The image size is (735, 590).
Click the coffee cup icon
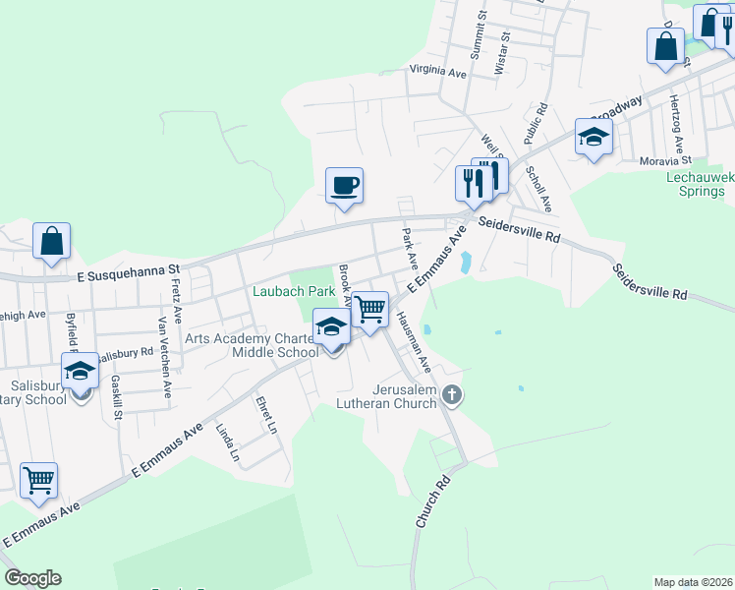click(x=344, y=184)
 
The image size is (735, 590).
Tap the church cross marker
click(x=452, y=396)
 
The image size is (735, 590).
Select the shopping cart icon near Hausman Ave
click(x=370, y=309)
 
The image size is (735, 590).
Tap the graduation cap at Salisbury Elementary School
click(x=80, y=371)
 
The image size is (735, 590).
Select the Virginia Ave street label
click(x=437, y=72)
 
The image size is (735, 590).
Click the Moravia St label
click(x=667, y=159)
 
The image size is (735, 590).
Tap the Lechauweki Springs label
click(x=702, y=183)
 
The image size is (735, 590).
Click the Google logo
click(x=32, y=578)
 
